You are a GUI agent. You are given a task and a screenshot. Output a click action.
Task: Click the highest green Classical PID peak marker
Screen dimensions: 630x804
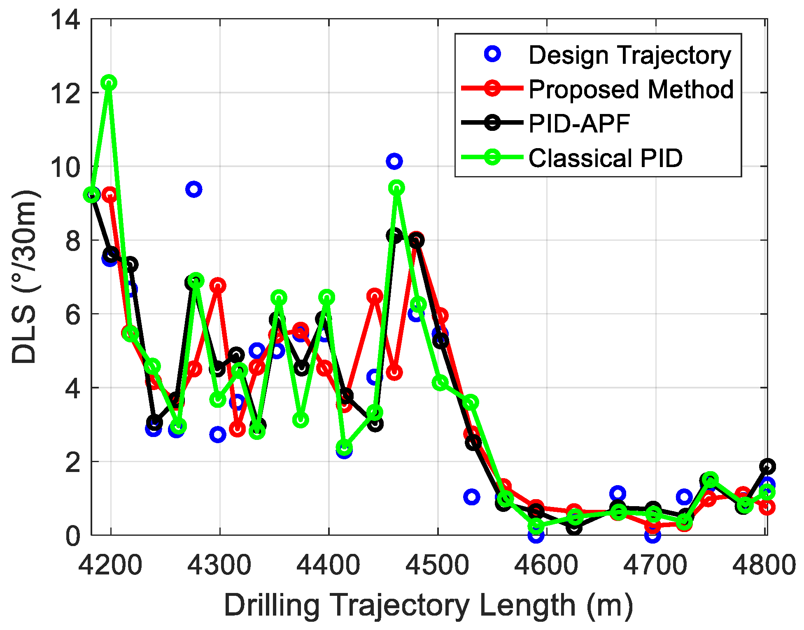(109, 83)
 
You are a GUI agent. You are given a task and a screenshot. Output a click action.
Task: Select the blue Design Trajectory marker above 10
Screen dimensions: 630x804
(394, 161)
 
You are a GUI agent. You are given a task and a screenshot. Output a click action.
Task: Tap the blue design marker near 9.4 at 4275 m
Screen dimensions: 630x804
(193, 189)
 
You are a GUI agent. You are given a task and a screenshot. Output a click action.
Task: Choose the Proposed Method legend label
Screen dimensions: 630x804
(631, 89)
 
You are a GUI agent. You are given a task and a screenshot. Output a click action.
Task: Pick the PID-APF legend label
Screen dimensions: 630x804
(579, 123)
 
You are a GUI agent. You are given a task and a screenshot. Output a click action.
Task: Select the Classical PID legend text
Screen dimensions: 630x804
(605, 158)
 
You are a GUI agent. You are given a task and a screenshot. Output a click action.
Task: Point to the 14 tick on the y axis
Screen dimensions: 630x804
(65, 19)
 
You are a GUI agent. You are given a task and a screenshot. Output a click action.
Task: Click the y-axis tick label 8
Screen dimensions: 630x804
(72, 241)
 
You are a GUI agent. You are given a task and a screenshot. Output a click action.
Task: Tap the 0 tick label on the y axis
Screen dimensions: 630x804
(72, 536)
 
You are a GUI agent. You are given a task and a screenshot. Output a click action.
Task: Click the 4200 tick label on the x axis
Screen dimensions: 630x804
(110, 565)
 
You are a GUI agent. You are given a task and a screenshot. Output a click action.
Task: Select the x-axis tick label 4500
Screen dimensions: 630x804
(437, 565)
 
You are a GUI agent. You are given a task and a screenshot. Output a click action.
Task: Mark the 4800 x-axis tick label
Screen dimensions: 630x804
(764, 565)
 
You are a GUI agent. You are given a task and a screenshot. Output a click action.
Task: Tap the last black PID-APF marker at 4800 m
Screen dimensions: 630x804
(767, 466)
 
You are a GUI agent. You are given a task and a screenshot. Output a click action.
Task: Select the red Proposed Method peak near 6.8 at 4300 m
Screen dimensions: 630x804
(218, 285)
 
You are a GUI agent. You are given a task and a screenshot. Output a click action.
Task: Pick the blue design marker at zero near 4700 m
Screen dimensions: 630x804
(653, 535)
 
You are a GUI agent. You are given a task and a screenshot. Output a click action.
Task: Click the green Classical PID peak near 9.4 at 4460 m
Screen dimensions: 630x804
(396, 188)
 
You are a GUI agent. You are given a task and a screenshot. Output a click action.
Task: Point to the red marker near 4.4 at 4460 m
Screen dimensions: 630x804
(394, 372)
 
